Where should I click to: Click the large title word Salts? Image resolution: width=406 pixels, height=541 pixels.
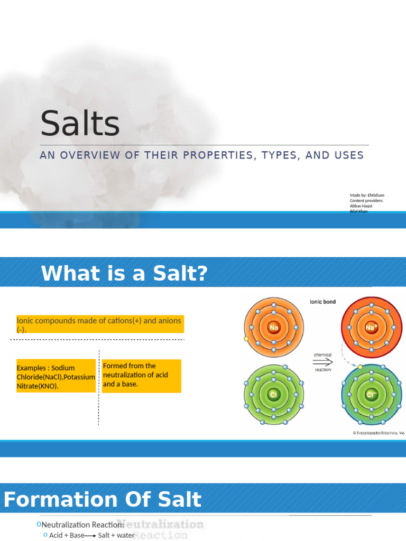[x=80, y=124]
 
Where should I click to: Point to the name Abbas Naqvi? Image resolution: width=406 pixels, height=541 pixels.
[x=362, y=206]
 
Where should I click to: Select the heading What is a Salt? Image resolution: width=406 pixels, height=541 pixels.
[x=124, y=274]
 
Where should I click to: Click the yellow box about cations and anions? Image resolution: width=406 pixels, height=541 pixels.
[x=100, y=324]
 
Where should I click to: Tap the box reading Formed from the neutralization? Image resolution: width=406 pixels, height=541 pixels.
[x=141, y=375]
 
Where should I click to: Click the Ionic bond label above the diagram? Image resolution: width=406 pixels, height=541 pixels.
[x=322, y=302]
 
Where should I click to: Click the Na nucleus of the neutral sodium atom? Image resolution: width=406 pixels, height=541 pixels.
[x=273, y=327]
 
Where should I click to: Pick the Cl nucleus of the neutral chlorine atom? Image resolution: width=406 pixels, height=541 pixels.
[x=273, y=395]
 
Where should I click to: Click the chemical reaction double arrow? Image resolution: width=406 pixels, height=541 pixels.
[x=323, y=362]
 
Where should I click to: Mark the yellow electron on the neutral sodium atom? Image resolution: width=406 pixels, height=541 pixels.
[x=246, y=339]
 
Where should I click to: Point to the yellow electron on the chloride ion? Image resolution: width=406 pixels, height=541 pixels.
[x=360, y=367]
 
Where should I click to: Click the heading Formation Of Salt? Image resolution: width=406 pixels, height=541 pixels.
[x=103, y=499]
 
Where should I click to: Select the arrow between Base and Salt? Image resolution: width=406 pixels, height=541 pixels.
[x=91, y=536]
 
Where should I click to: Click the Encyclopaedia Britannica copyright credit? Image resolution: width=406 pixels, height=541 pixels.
[x=379, y=433]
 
